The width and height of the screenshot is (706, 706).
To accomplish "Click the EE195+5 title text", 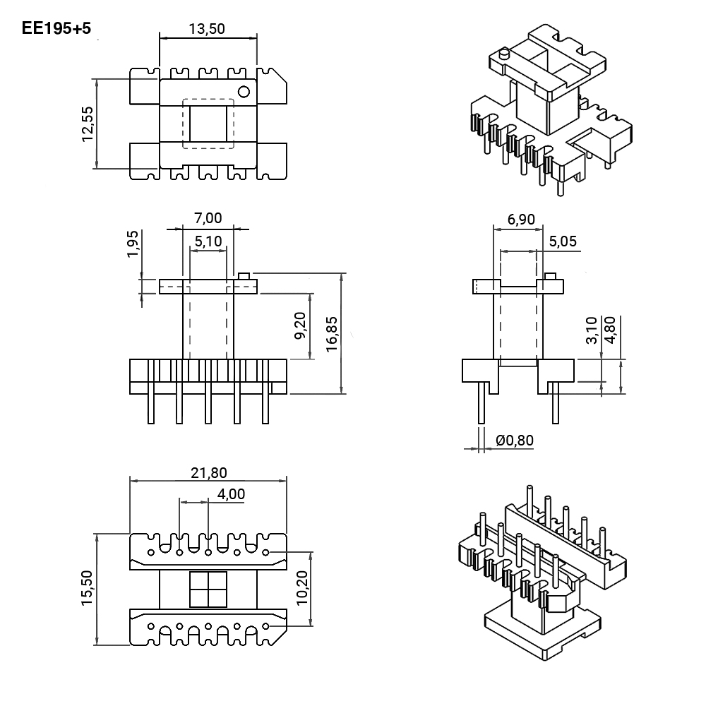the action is point(56,28).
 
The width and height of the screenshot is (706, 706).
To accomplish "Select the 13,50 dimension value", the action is point(207,29).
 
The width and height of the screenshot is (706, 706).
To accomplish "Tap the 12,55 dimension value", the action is point(88,124).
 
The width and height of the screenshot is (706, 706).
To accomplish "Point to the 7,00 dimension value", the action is point(208,218).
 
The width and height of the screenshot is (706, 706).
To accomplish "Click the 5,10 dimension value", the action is point(208,241).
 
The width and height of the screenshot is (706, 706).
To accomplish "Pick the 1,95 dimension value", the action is point(133,244).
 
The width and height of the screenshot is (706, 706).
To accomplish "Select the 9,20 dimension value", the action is point(300,326).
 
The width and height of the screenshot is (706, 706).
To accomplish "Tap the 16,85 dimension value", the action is point(331,334).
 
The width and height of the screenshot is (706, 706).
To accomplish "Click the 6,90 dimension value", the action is point(521,220).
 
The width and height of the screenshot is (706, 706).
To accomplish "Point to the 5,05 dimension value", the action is point(563,241).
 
